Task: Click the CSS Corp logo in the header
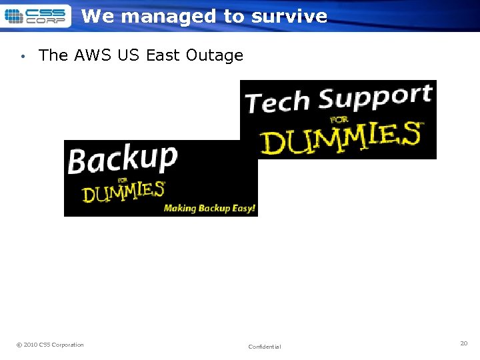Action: tap(36, 15)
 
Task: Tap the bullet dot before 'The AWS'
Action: tap(23, 57)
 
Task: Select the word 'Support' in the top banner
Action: tap(375, 98)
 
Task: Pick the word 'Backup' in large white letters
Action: tap(123, 159)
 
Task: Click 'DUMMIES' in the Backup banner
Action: tap(123, 193)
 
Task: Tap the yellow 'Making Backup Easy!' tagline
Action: tap(209, 208)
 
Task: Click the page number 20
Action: tap(463, 343)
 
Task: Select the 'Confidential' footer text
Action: tap(265, 347)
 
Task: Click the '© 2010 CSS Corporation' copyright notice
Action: tap(50, 345)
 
